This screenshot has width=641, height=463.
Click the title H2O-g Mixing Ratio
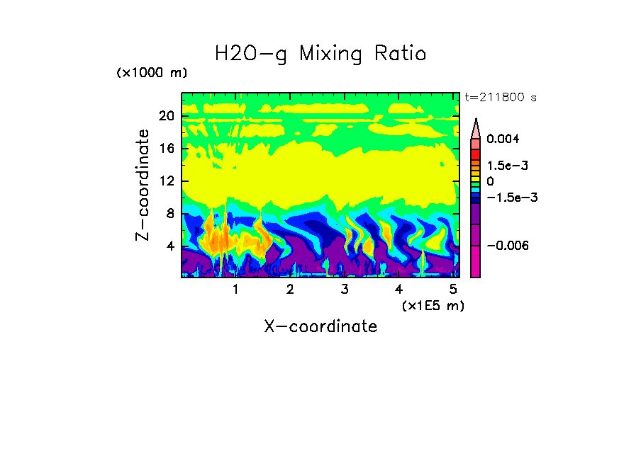[x=320, y=54]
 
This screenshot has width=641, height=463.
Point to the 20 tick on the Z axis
[x=166, y=116]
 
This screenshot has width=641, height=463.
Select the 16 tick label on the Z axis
[x=166, y=149]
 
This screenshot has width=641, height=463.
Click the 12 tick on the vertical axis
[x=166, y=181]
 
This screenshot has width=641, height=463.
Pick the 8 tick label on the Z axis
[x=169, y=214]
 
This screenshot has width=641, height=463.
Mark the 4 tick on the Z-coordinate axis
[x=169, y=246]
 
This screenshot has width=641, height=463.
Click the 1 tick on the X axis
[x=235, y=290]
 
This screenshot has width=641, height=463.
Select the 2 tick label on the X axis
[x=290, y=290]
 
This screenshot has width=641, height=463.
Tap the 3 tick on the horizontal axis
[x=344, y=290]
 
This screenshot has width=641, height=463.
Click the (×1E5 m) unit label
[x=433, y=306]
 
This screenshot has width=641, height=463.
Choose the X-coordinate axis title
[x=320, y=326]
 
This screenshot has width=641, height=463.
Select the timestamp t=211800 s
[x=500, y=98]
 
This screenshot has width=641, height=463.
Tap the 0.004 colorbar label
[x=503, y=139]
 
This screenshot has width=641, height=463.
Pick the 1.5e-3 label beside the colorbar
[x=507, y=166]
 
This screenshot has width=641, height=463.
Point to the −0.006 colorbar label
[x=508, y=246]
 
